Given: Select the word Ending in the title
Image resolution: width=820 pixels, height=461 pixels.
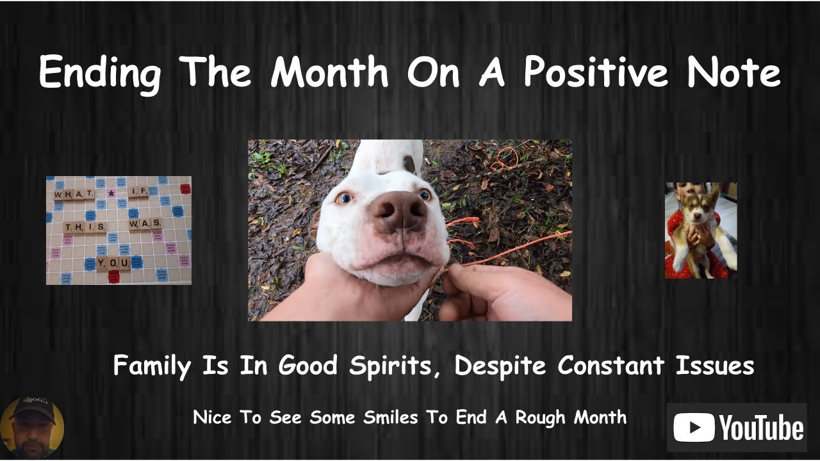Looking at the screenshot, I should pos(100,73).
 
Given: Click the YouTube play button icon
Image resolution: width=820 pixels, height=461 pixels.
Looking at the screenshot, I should pos(694,428).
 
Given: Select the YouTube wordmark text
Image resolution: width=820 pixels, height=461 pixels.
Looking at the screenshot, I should pos(760,428).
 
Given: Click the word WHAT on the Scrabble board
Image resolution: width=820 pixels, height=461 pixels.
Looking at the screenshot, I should pos(74,194).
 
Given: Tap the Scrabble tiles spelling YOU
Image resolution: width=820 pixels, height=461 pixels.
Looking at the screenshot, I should pos(113,263).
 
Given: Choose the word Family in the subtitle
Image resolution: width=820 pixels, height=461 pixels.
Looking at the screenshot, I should pos(152,366).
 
